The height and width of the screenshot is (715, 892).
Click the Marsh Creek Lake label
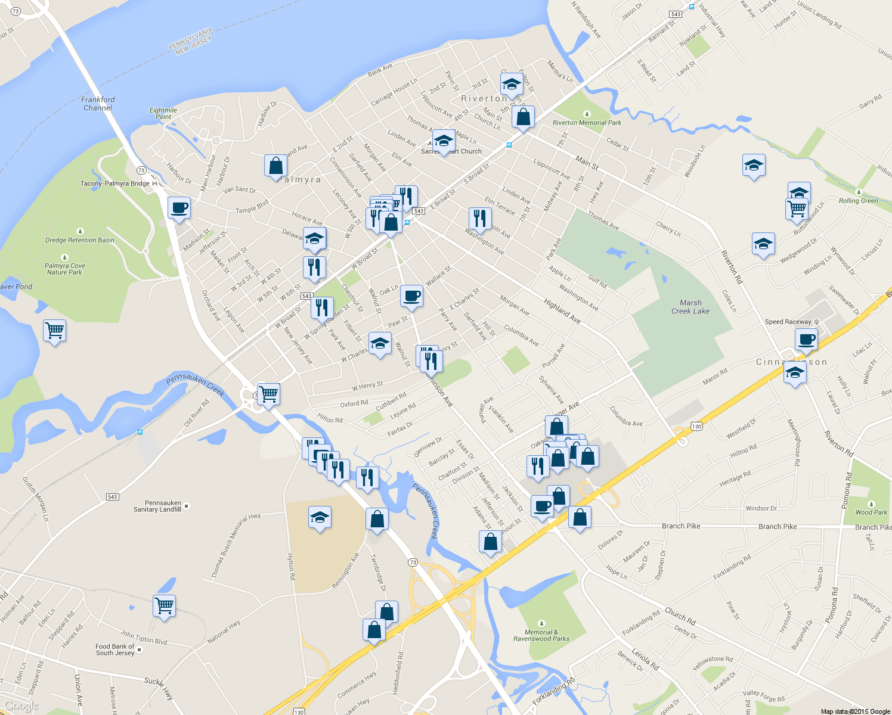pos(690,307)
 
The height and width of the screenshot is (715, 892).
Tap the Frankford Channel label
pos(98,104)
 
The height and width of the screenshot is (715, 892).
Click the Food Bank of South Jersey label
pos(115,649)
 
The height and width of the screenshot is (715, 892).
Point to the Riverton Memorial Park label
pos(587,122)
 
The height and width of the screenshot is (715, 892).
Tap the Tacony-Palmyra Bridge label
pos(115,184)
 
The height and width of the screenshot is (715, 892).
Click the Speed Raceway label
pos(788,322)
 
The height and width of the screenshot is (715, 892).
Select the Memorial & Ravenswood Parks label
pos(541,635)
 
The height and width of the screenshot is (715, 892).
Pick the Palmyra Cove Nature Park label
pos(65,269)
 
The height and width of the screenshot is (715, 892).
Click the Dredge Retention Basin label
pos(79,240)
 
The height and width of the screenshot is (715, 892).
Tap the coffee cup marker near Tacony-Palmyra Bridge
pos(179,209)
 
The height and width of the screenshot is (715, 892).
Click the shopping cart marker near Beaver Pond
pos(54,330)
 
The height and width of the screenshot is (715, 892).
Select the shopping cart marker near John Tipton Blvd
pos(164,606)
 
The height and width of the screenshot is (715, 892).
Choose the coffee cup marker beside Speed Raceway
pos(806,340)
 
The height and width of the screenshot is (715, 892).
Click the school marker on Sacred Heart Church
pos(443,141)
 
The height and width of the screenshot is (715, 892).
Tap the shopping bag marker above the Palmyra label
pos(275,166)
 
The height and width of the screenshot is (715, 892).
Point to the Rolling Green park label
pos(858,200)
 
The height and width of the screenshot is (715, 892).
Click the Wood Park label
pos(871,512)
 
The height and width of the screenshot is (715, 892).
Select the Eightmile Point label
pos(163,113)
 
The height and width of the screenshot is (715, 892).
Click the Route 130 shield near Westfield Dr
pos(696,426)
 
